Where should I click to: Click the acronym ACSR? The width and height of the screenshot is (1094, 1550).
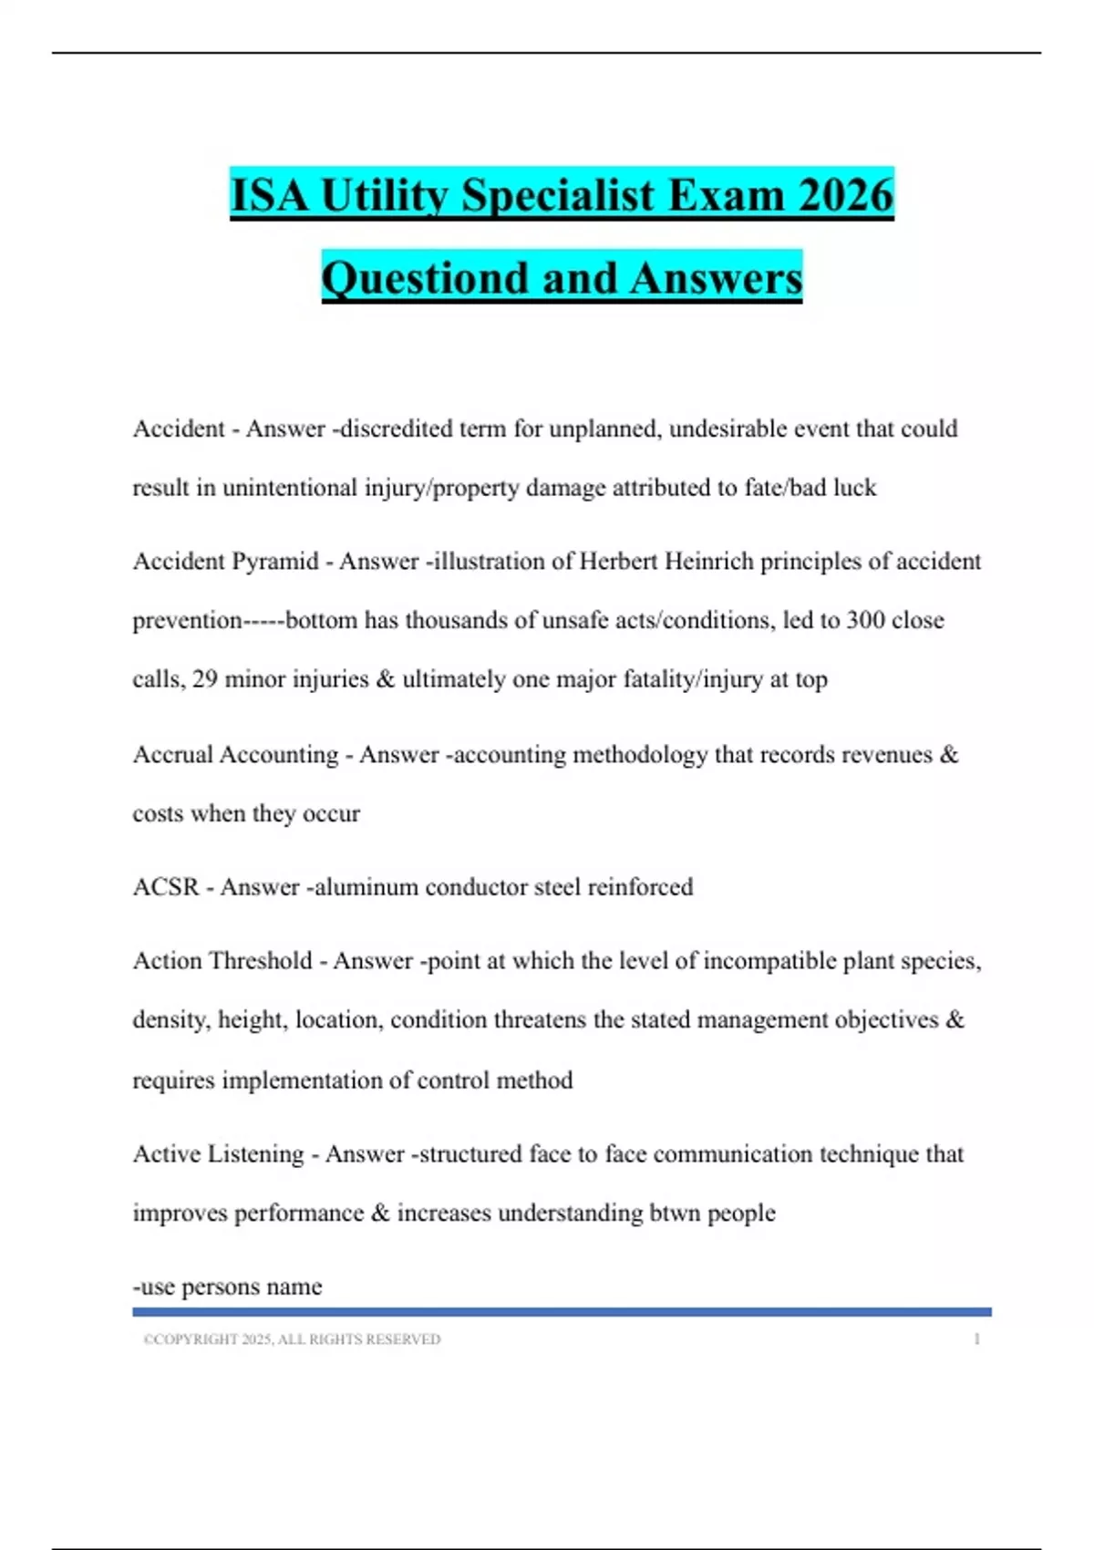point(165,886)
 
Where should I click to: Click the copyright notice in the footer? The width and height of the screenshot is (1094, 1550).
point(292,1339)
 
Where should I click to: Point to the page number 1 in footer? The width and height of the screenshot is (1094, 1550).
point(976,1339)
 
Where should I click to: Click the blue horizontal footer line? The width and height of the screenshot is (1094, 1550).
point(562,1312)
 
